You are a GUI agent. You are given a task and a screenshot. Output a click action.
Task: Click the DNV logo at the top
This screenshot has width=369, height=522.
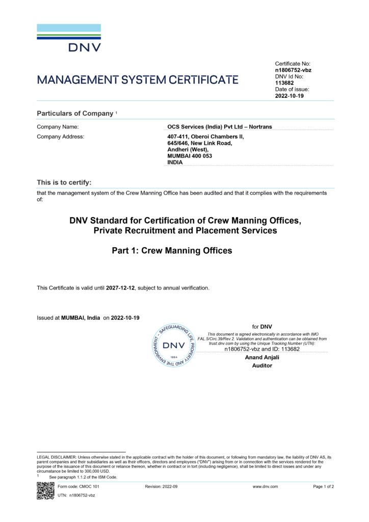(x=69, y=38)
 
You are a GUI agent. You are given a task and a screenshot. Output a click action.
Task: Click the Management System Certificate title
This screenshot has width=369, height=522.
(x=138, y=80)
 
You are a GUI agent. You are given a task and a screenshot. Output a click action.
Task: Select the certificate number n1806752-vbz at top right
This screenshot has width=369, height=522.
(x=293, y=70)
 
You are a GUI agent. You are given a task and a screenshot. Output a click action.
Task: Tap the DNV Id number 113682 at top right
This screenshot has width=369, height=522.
(x=284, y=83)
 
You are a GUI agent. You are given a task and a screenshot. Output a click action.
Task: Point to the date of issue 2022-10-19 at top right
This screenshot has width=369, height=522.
(x=289, y=95)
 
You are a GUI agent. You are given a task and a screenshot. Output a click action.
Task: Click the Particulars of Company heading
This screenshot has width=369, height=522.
(x=75, y=113)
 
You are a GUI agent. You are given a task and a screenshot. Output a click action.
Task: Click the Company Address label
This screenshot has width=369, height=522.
(x=61, y=137)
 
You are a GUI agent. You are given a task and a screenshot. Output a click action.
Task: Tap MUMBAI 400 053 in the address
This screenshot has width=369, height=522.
(x=190, y=156)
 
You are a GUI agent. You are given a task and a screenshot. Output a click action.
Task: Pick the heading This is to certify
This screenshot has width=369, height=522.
(x=64, y=182)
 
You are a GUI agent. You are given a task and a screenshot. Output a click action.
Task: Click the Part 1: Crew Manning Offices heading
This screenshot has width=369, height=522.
(x=172, y=251)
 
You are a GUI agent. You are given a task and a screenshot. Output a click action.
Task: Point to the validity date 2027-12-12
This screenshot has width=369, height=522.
(x=120, y=288)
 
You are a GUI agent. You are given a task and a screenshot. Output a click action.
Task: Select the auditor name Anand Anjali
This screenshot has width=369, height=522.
(x=262, y=357)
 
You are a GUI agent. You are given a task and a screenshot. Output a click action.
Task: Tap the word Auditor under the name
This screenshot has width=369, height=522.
(x=262, y=366)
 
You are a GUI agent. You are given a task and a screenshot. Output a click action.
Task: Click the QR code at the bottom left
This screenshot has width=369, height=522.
(x=45, y=490)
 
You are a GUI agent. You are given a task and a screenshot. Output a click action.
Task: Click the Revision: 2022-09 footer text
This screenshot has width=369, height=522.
(x=161, y=487)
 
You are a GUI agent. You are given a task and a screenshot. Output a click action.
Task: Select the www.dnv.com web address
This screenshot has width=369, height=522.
(x=265, y=487)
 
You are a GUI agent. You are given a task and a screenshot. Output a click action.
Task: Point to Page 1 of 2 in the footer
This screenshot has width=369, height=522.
(x=323, y=487)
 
